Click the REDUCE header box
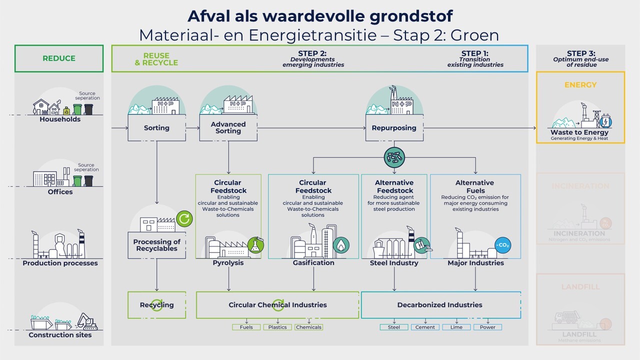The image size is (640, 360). (x=59, y=58)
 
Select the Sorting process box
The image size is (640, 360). (x=156, y=128)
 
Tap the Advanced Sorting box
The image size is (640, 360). (x=228, y=128)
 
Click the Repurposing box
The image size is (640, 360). (x=394, y=128)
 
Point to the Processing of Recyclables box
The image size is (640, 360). (x=156, y=245)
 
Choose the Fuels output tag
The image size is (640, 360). (x=246, y=327)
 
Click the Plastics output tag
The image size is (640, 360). (x=277, y=327)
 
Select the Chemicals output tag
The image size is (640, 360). (x=308, y=327)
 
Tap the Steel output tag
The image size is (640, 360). (x=394, y=327)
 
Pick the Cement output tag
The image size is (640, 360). (x=425, y=327)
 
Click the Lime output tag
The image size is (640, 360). (x=456, y=327)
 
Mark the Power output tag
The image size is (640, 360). (x=487, y=327)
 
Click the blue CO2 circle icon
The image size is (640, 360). (x=502, y=245)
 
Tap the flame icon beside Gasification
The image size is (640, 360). (x=341, y=245)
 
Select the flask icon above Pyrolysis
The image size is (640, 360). (x=256, y=245)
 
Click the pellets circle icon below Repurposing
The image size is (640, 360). (x=394, y=157)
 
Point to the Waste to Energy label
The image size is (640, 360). (x=580, y=132)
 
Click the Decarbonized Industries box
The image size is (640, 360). (x=440, y=305)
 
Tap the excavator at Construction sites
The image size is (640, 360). (x=87, y=322)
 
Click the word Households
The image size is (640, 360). (x=60, y=119)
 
